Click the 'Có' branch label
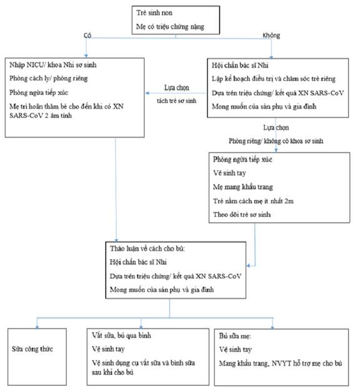click(x=87, y=36)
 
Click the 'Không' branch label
click(x=271, y=36)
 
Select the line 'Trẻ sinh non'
click(x=154, y=13)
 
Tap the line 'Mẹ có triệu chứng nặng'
click(x=170, y=27)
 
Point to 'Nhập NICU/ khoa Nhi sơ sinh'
click(x=52, y=65)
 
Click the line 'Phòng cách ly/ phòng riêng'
click(x=48, y=79)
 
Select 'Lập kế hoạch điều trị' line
click(x=274, y=79)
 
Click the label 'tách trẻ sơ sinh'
click(x=177, y=101)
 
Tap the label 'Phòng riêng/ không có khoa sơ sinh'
click(x=276, y=141)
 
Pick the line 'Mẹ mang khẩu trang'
click(x=243, y=187)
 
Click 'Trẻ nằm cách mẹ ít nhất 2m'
click(x=253, y=201)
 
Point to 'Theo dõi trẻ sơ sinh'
click(x=242, y=214)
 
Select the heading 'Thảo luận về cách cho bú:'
click(x=147, y=249)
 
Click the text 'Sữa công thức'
click(x=32, y=349)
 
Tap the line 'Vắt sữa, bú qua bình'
click(x=121, y=335)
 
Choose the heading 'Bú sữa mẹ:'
click(x=235, y=336)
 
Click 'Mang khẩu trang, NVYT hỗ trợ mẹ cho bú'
click(x=281, y=363)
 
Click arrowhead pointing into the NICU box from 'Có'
click(x=86, y=56)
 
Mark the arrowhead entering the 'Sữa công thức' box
click(x=37, y=327)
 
